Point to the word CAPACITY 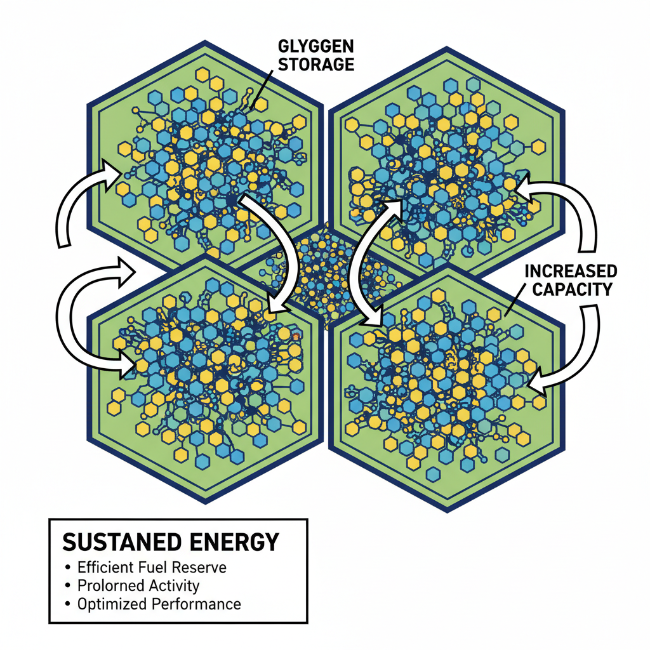(x=571, y=290)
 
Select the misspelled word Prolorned (x=109, y=585)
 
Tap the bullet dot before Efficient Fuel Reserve (x=67, y=566)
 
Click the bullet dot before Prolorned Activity (x=67, y=585)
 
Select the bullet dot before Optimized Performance (x=67, y=603)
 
